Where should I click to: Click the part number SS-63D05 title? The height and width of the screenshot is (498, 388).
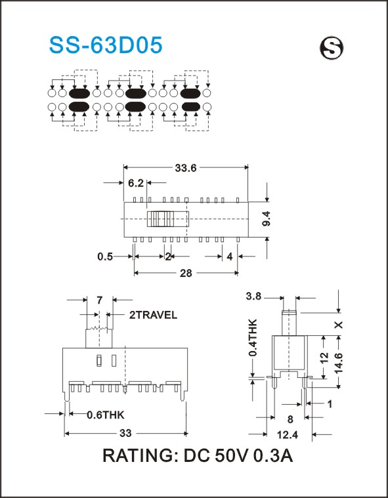pos(106,45)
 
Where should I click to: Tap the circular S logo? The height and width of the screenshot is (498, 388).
pos(332,48)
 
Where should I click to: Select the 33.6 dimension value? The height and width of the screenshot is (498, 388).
pos(186,168)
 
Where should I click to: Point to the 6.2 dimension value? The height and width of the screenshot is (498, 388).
pos(136,183)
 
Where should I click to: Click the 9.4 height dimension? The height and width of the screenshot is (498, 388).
pos(267,219)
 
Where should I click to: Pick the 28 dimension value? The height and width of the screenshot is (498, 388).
pos(186,273)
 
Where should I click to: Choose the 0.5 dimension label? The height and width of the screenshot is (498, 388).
pos(105,257)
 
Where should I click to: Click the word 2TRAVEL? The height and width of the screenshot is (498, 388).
pos(153,315)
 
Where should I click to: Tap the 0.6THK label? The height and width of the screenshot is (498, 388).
pos(106,415)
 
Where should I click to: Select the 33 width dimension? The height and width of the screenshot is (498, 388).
pos(125,433)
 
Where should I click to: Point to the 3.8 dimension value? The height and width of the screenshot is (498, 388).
pos(253,297)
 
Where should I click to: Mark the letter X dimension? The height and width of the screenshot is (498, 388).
pos(339,325)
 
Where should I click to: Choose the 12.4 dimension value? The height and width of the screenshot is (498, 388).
pos(288,434)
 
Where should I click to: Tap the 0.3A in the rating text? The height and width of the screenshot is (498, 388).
pos(272,456)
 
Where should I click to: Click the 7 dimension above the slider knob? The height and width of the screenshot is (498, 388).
pos(99,299)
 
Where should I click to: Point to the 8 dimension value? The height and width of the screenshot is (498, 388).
pos(290,419)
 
